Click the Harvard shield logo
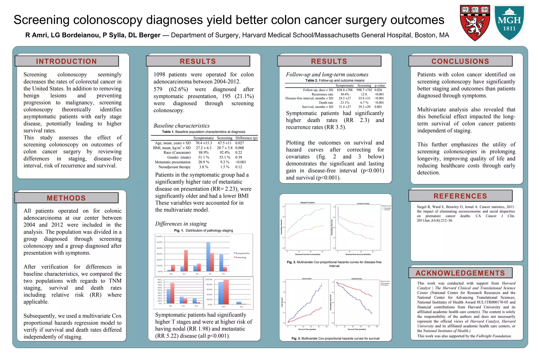pyautogui.click(x=475, y=23)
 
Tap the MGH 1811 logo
pyautogui.click(x=509, y=23)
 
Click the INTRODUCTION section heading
pyautogui.click(x=66, y=61)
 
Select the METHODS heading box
pyautogui.click(x=66, y=198)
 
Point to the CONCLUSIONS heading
pyautogui.click(x=460, y=61)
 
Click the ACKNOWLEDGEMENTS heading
pyautogui.click(x=460, y=273)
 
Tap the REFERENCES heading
pyautogui.click(x=460, y=196)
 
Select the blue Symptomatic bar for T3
pyautogui.click(x=208, y=257)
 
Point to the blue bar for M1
pyautogui.click(x=239, y=303)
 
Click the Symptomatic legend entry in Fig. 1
pyautogui.click(x=242, y=253)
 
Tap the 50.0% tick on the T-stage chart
pyautogui.click(x=160, y=242)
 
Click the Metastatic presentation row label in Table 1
pyautogui.click(x=173, y=162)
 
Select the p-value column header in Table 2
pyautogui.click(x=380, y=85)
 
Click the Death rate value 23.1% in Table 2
pyautogui.click(x=344, y=103)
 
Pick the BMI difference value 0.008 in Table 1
pyautogui.click(x=239, y=148)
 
